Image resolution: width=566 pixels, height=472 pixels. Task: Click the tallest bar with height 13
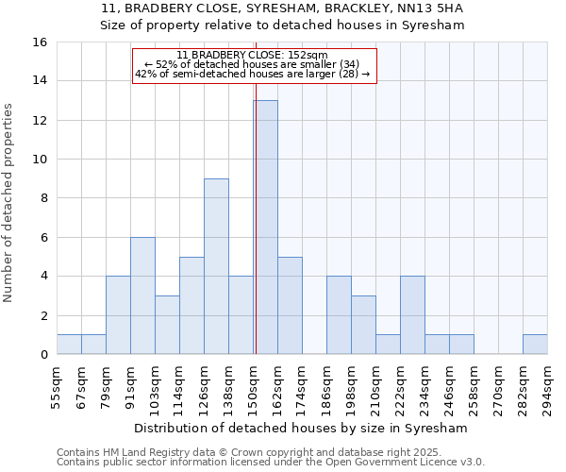[x=265, y=228]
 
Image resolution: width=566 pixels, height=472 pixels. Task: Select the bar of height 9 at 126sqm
[x=216, y=266]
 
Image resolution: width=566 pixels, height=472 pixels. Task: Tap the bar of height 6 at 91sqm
[x=142, y=295]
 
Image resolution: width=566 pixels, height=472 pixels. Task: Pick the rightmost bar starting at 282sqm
[x=535, y=345]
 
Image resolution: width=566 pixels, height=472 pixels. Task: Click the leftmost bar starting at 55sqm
[x=69, y=345]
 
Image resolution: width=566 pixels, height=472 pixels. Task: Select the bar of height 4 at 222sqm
[x=412, y=315]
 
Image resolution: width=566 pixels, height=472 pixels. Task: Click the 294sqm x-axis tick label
[x=547, y=388]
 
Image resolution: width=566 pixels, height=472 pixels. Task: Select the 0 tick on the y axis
[x=43, y=355]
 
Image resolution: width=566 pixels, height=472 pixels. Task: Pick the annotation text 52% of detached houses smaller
[x=253, y=64]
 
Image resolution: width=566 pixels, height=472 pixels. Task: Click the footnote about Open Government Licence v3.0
[x=271, y=462]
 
